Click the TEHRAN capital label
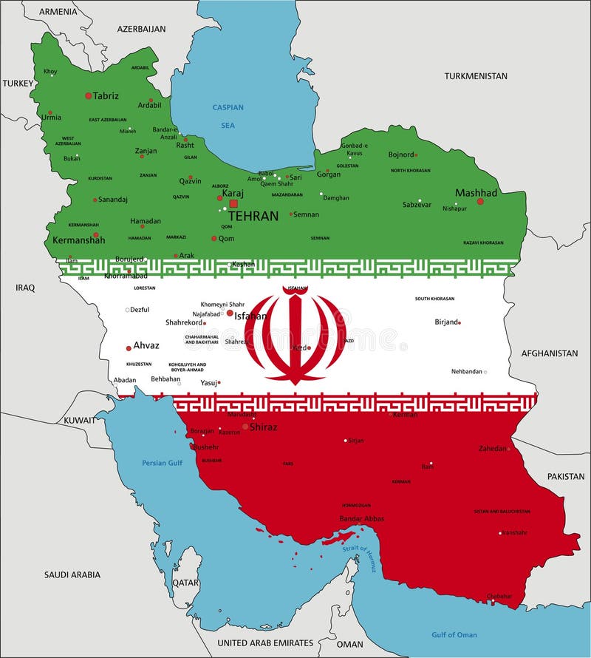253,216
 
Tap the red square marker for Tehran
233,203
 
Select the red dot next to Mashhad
480,201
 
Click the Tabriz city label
106,95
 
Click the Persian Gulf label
162,463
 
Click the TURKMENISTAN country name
476,76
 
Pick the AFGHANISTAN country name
549,353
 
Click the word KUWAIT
78,420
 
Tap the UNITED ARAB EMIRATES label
265,643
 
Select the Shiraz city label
263,427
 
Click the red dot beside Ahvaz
129,347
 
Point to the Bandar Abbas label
361,518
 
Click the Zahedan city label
492,448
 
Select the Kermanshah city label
78,240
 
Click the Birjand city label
445,322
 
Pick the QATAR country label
185,582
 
